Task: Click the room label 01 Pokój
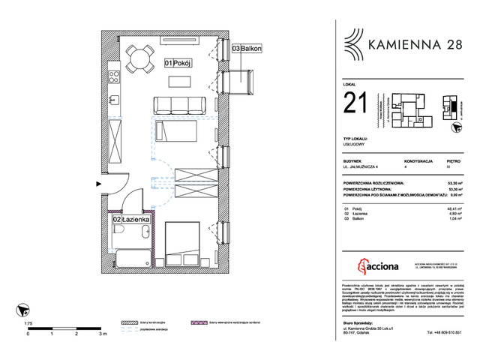click(x=178, y=64)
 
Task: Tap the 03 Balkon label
click(x=247, y=49)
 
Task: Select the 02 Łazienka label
click(x=132, y=220)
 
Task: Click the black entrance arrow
click(x=90, y=181)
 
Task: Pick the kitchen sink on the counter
click(x=113, y=98)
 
